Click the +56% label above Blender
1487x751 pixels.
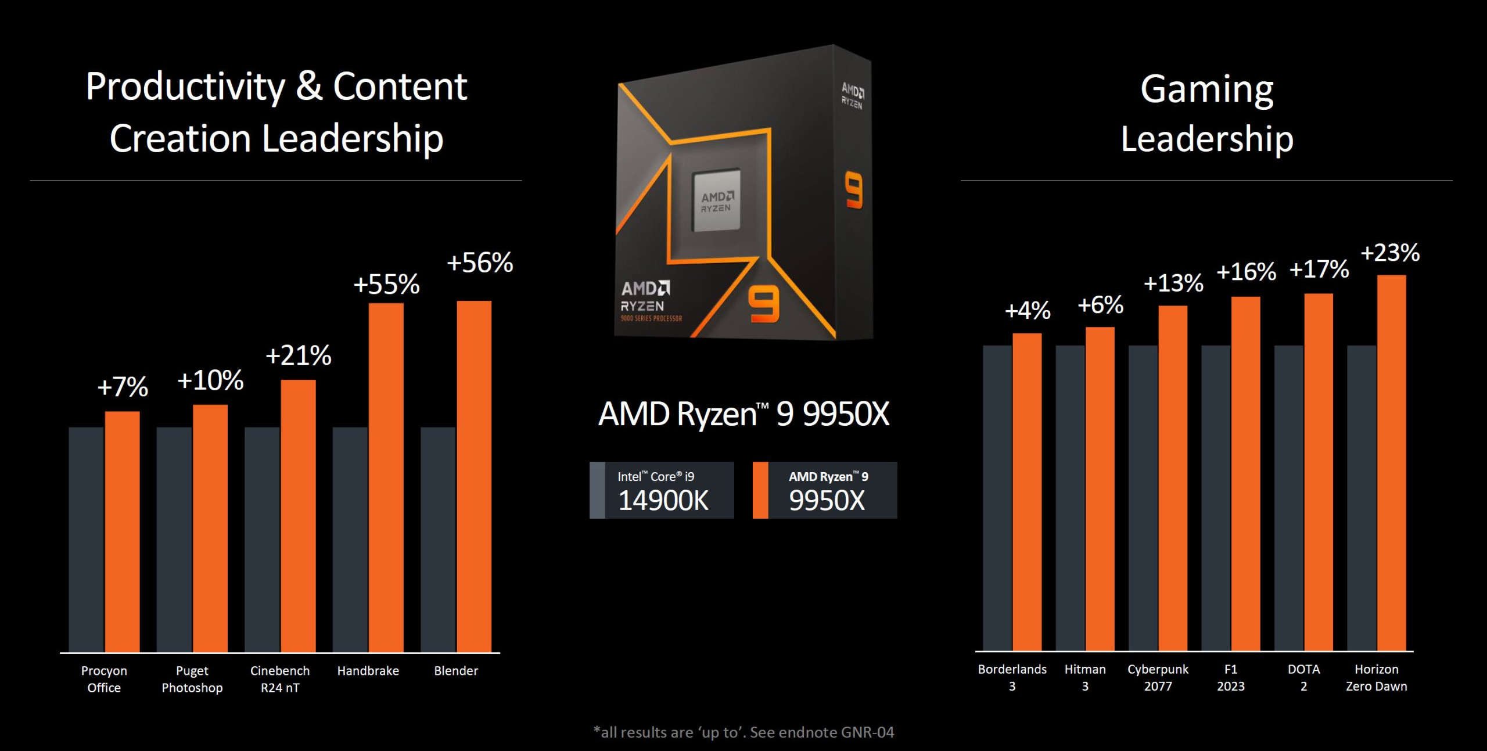pyautogui.click(x=480, y=263)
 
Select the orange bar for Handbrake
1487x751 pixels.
pyautogui.click(x=386, y=476)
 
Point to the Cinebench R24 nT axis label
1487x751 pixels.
pyautogui.click(x=280, y=678)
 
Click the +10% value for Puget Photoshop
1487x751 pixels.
pyautogui.click(x=210, y=380)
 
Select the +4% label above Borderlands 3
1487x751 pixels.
pyautogui.click(x=1028, y=311)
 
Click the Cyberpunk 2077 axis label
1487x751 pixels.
pyautogui.click(x=1158, y=677)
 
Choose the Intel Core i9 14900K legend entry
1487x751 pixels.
pyautogui.click(x=662, y=490)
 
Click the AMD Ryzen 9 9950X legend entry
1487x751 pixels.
pyautogui.click(x=825, y=490)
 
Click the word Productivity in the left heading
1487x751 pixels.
pyautogui.click(x=185, y=87)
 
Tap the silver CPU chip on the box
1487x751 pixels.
pyautogui.click(x=716, y=200)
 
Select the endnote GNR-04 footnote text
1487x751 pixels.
pyautogui.click(x=743, y=732)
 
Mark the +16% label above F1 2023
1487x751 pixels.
pyautogui.click(x=1246, y=272)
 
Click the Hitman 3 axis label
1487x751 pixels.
pyautogui.click(x=1085, y=677)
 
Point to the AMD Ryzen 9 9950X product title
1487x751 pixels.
pyautogui.click(x=743, y=414)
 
